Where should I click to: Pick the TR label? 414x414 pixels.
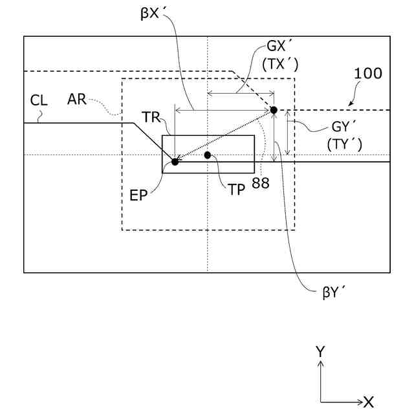[x=152, y=117]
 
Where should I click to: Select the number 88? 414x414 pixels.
[x=261, y=183]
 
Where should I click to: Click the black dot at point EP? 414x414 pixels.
[x=175, y=162]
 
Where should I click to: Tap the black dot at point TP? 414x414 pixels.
[x=208, y=155]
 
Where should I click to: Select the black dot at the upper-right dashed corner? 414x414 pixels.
[x=274, y=110]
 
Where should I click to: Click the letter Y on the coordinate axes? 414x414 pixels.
[x=320, y=351]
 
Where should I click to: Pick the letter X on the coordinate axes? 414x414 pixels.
[x=369, y=401]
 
